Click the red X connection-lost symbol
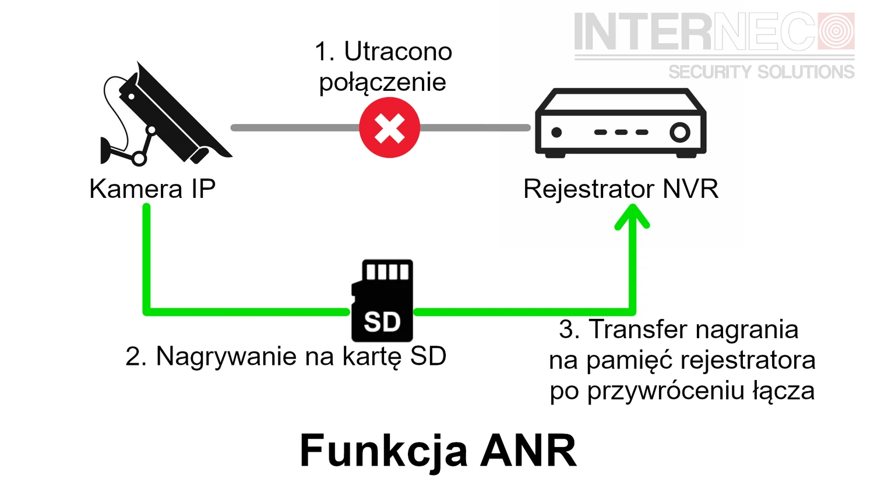click(389, 127)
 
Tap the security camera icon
click(163, 116)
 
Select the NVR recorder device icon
click(621, 123)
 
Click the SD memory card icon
click(382, 301)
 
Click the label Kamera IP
click(152, 189)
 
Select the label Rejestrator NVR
click(621, 189)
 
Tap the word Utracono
click(398, 52)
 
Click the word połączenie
click(382, 82)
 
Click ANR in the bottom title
click(528, 450)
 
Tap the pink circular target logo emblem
click(836, 31)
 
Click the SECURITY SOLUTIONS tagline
click(761, 72)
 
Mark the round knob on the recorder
click(679, 132)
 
